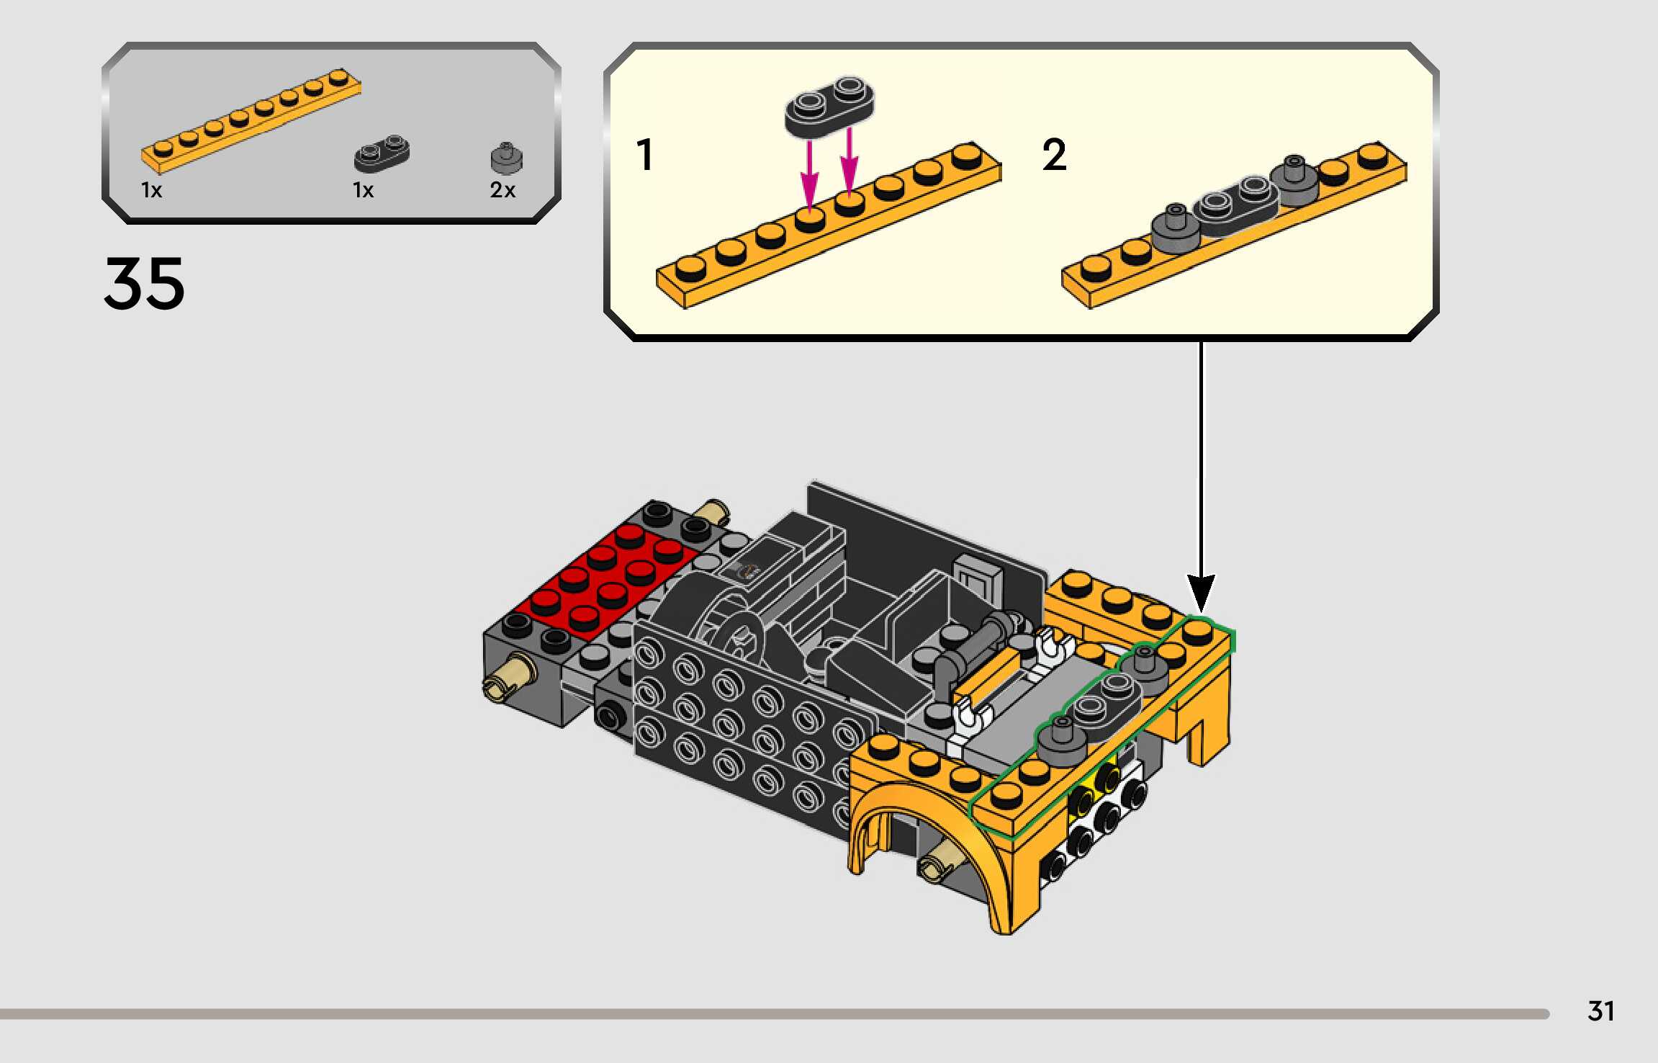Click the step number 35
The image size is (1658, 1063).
(x=145, y=284)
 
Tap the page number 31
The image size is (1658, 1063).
(x=1601, y=1011)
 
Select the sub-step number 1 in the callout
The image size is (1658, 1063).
(x=645, y=155)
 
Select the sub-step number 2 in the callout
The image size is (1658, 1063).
(x=1054, y=155)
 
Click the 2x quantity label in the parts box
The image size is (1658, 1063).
(x=503, y=190)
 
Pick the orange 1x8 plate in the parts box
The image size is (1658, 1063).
(x=251, y=121)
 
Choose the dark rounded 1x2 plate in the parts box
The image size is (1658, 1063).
(x=382, y=153)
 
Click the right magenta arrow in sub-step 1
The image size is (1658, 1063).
(x=850, y=161)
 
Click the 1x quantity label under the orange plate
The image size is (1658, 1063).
(x=152, y=190)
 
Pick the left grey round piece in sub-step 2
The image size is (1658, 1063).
(x=1175, y=228)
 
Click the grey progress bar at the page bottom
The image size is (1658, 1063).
(x=775, y=1014)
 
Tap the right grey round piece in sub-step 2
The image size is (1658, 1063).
(x=1294, y=180)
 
